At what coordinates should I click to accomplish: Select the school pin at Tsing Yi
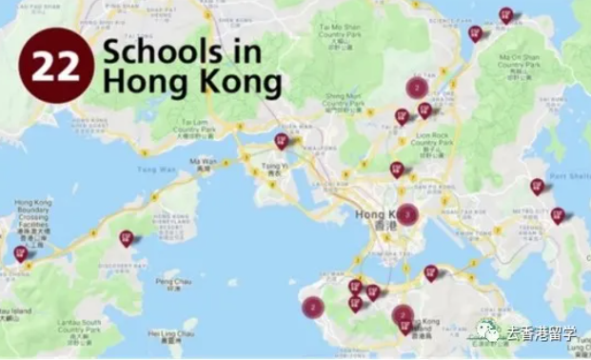(281, 142)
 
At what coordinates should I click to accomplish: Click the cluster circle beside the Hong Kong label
(407, 214)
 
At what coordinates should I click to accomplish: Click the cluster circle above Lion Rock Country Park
(416, 88)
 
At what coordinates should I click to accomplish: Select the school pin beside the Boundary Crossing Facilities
(21, 254)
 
